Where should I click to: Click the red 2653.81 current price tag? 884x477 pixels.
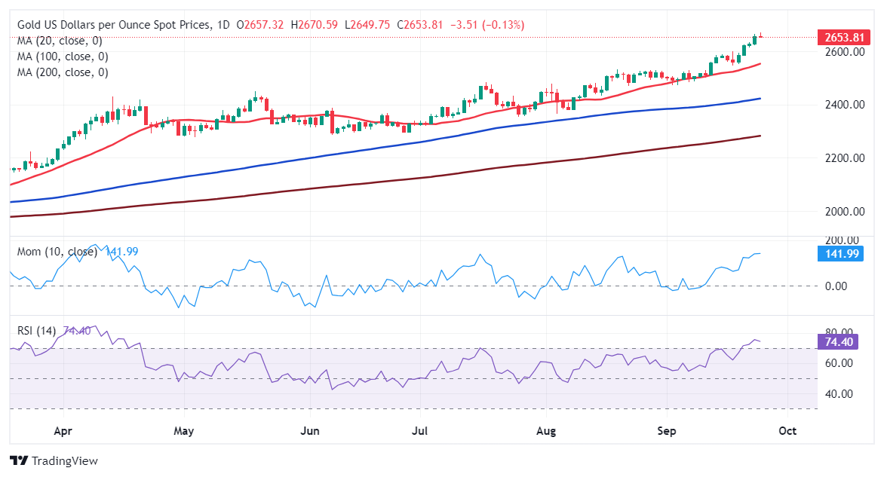840,38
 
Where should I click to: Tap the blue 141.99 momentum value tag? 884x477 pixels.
840,254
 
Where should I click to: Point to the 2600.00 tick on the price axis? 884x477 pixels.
843,51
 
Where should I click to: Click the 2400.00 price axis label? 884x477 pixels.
843,104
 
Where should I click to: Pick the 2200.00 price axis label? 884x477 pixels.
843,157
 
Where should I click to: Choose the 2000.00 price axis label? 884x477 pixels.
843,211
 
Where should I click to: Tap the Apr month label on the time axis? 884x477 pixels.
63,432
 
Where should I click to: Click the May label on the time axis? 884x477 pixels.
184,432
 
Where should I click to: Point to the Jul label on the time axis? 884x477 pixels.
420,432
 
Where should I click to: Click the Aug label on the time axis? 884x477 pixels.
546,432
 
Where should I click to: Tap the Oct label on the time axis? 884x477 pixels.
787,432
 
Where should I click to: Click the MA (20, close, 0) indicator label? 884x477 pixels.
60,41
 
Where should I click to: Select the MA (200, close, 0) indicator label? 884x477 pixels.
63,72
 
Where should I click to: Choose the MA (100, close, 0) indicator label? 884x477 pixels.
63,57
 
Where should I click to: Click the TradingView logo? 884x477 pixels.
54,460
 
